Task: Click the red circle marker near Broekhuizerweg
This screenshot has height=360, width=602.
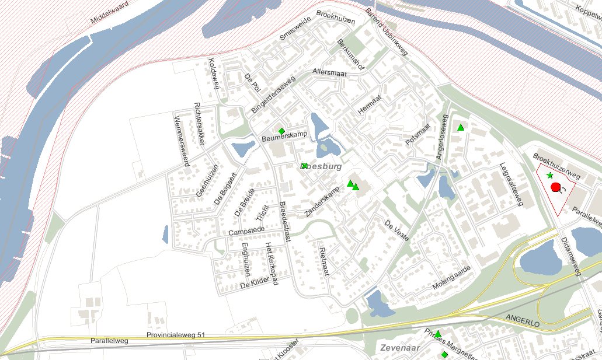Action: coord(555,187)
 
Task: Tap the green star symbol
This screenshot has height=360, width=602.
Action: coord(549,176)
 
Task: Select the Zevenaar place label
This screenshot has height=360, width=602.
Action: coord(397,348)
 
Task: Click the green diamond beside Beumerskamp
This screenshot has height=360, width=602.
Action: coord(281,131)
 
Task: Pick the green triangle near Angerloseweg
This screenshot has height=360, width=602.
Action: coord(461,127)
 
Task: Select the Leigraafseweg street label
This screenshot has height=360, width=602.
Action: coord(510,184)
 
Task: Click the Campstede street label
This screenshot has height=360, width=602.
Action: coord(243,232)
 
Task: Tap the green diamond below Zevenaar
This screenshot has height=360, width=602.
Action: coord(444,354)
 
